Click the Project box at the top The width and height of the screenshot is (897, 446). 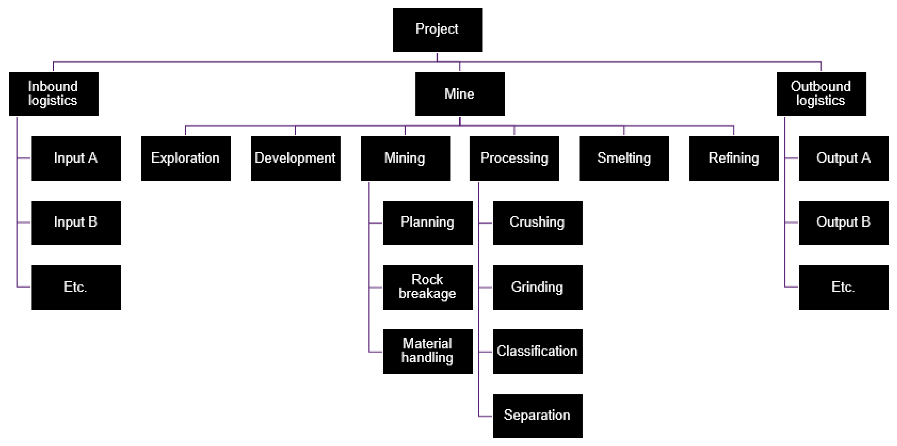[x=437, y=30]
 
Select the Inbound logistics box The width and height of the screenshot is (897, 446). [x=54, y=94]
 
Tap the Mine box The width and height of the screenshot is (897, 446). [x=460, y=94]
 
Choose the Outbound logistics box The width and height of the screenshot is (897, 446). [x=821, y=94]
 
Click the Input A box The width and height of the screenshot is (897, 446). [x=76, y=158]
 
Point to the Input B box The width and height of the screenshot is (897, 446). [x=76, y=223]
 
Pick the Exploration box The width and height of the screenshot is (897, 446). [x=186, y=158]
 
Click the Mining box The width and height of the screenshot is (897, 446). [x=405, y=158]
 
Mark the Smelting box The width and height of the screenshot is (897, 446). [x=624, y=158]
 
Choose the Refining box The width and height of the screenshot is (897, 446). [x=734, y=158]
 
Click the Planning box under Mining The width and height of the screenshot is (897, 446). [x=428, y=223]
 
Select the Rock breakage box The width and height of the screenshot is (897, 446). [x=428, y=287]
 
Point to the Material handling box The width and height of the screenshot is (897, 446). [x=428, y=351]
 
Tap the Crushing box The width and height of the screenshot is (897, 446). [x=538, y=223]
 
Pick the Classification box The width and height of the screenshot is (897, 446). [x=538, y=351]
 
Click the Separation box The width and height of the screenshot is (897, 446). [x=538, y=416]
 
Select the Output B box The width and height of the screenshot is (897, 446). [x=843, y=223]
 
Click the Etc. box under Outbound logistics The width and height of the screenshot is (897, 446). [x=843, y=287]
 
